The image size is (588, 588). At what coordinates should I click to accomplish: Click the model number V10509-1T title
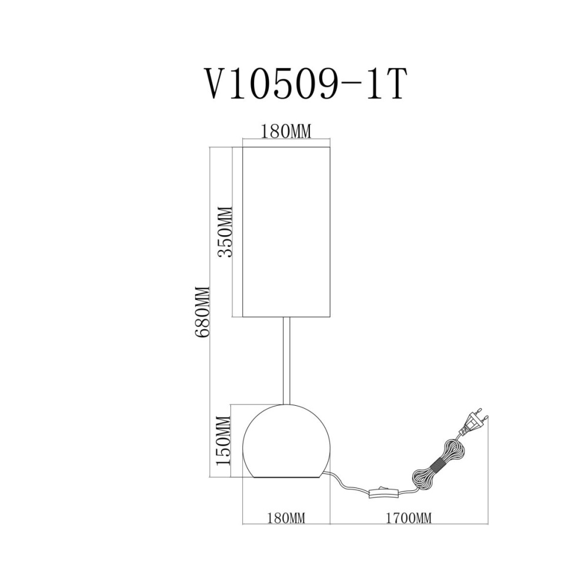pos(305,83)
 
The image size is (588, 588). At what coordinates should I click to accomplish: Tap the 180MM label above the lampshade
pos(286,132)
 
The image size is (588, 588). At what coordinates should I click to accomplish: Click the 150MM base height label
pos(223,440)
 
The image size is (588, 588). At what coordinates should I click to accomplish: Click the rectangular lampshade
pos(286,232)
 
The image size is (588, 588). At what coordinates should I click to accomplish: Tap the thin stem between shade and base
pos(286,361)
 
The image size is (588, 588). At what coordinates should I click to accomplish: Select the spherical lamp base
pos(286,441)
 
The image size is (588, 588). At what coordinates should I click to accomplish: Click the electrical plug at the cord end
pos(473,423)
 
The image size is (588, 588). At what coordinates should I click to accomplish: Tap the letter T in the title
pos(394,83)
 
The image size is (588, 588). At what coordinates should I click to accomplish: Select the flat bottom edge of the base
pos(286,477)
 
